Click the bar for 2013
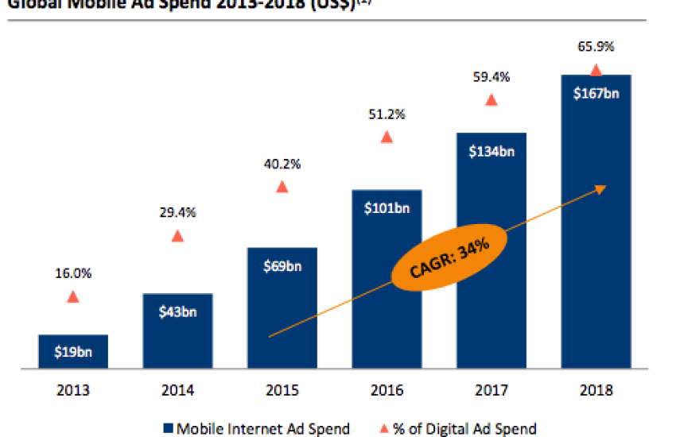pyautogui.click(x=72, y=352)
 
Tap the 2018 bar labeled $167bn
pyautogui.click(x=596, y=222)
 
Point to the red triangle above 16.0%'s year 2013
pyautogui.click(x=73, y=296)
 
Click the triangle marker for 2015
pyautogui.click(x=282, y=187)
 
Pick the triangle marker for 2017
pyautogui.click(x=491, y=100)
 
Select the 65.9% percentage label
pyautogui.click(x=596, y=47)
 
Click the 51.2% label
pyautogui.click(x=387, y=114)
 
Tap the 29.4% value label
pyautogui.click(x=177, y=212)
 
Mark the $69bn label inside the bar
pyautogui.click(x=282, y=267)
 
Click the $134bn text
pyautogui.click(x=491, y=152)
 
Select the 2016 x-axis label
pyautogui.click(x=387, y=391)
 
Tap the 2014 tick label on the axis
pyautogui.click(x=177, y=391)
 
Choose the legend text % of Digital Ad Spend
pyautogui.click(x=464, y=429)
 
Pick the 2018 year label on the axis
pyautogui.click(x=596, y=391)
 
